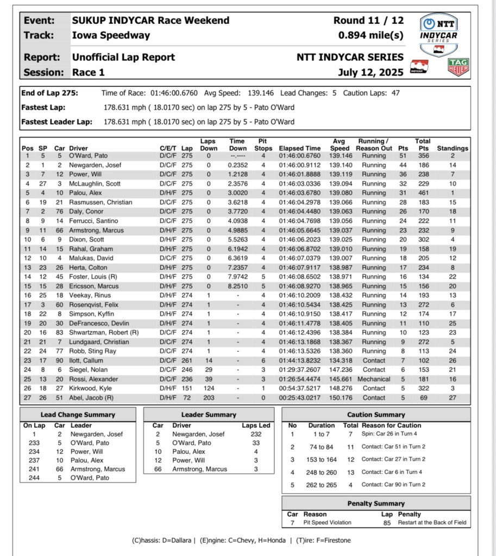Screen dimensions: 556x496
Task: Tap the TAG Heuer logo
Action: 459,67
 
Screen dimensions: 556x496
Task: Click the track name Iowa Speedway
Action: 111,36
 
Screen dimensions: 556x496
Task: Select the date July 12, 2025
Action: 371,72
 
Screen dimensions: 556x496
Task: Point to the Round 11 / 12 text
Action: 369,21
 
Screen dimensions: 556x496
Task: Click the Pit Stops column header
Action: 263,144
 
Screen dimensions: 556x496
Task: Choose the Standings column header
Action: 453,148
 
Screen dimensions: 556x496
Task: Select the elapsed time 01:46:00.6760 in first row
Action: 300,156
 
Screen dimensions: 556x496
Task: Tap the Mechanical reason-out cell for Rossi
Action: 374,379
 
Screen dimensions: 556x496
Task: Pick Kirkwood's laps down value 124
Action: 209,388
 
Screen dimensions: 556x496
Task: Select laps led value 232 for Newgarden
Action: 255,434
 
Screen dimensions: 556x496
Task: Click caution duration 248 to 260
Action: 322,472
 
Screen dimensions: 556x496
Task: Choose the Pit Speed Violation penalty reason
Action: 327,522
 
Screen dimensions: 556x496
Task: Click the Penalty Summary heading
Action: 376,504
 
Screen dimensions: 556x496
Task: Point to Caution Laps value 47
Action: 395,93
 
